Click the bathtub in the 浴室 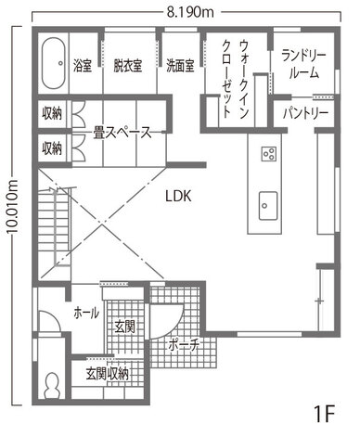[x=53, y=63]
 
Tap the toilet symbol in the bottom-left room [x=52, y=385]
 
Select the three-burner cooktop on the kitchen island [x=268, y=154]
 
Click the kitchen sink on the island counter [x=268, y=205]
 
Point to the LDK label [x=178, y=196]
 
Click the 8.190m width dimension [x=190, y=13]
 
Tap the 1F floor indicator [x=325, y=414]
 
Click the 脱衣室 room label [x=127, y=66]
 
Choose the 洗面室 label [x=180, y=66]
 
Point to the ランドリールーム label [x=303, y=65]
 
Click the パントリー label [x=305, y=113]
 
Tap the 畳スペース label [x=122, y=133]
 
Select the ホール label [x=86, y=314]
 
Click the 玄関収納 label [x=107, y=374]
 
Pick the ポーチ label [x=183, y=344]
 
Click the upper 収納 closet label [x=52, y=113]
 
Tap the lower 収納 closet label [x=52, y=148]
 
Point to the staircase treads [x=54, y=225]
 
